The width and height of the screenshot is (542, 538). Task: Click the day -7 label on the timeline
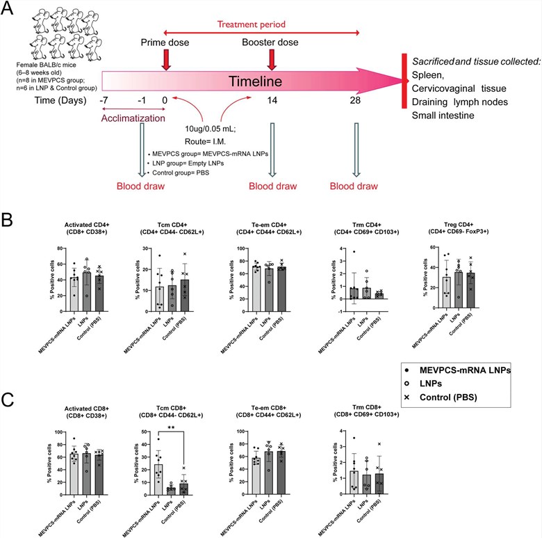click(x=104, y=100)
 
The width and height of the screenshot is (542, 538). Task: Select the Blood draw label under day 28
click(x=358, y=187)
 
